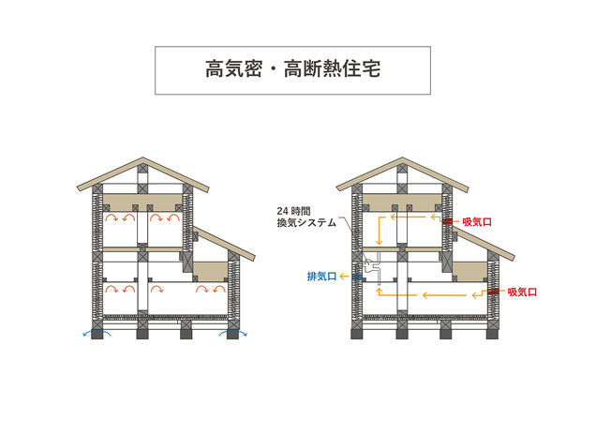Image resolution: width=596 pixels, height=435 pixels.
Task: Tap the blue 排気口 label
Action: pyautogui.click(x=321, y=277)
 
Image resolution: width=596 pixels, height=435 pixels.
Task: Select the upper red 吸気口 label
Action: pyautogui.click(x=478, y=222)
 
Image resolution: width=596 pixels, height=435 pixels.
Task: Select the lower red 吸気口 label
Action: pyautogui.click(x=522, y=292)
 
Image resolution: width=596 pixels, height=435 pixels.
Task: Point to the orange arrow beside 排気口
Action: pyautogui.click(x=353, y=277)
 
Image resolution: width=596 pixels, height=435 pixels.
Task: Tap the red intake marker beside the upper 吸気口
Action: pyautogui.click(x=452, y=222)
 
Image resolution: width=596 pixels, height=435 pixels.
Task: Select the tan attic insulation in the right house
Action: pyautogui.click(x=403, y=201)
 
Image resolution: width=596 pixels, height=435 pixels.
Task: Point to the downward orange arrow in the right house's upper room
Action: pyautogui.click(x=378, y=230)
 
